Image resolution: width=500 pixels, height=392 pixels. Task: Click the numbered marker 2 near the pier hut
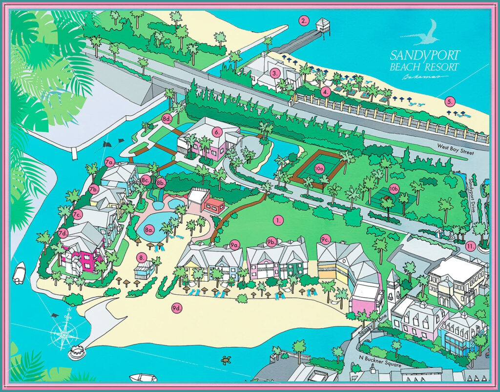(x=304, y=21)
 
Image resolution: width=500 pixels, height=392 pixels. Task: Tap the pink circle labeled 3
(x=275, y=73)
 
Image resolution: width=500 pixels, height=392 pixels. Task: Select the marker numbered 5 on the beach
(x=450, y=102)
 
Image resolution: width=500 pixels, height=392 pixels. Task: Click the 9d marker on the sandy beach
(x=176, y=308)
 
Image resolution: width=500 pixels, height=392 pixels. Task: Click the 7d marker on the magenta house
(x=63, y=233)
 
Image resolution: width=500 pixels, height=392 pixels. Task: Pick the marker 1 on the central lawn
(x=279, y=220)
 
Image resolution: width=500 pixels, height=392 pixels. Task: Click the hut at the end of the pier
(x=323, y=24)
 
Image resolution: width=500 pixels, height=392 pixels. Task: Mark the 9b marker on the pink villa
(x=272, y=241)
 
